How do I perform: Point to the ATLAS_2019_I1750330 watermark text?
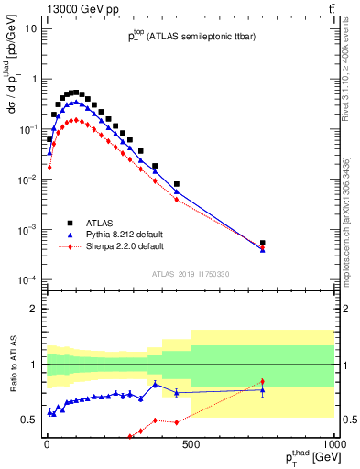tap(190, 274)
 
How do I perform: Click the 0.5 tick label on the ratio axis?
tap(30, 420)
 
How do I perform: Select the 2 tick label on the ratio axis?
tap(35, 309)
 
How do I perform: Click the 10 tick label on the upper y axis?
tap(31, 28)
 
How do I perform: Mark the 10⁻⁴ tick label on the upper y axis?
tap(28, 278)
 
